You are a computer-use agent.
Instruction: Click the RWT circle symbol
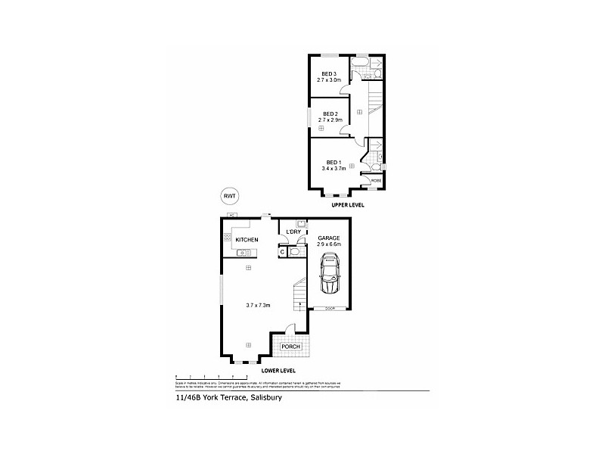[x=228, y=196]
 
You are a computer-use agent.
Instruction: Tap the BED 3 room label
[x=328, y=73]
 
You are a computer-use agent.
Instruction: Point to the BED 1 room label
[x=334, y=162]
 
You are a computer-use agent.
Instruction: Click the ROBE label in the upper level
[x=376, y=181]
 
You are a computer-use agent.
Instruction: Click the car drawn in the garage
[x=330, y=273]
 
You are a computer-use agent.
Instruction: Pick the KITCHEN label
[x=247, y=240]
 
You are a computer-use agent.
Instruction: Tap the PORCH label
[x=290, y=347]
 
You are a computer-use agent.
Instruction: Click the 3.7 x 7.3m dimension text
[x=258, y=305]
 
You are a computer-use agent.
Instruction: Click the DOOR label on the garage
[x=330, y=309]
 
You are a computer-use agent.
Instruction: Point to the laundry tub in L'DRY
[x=300, y=224]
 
